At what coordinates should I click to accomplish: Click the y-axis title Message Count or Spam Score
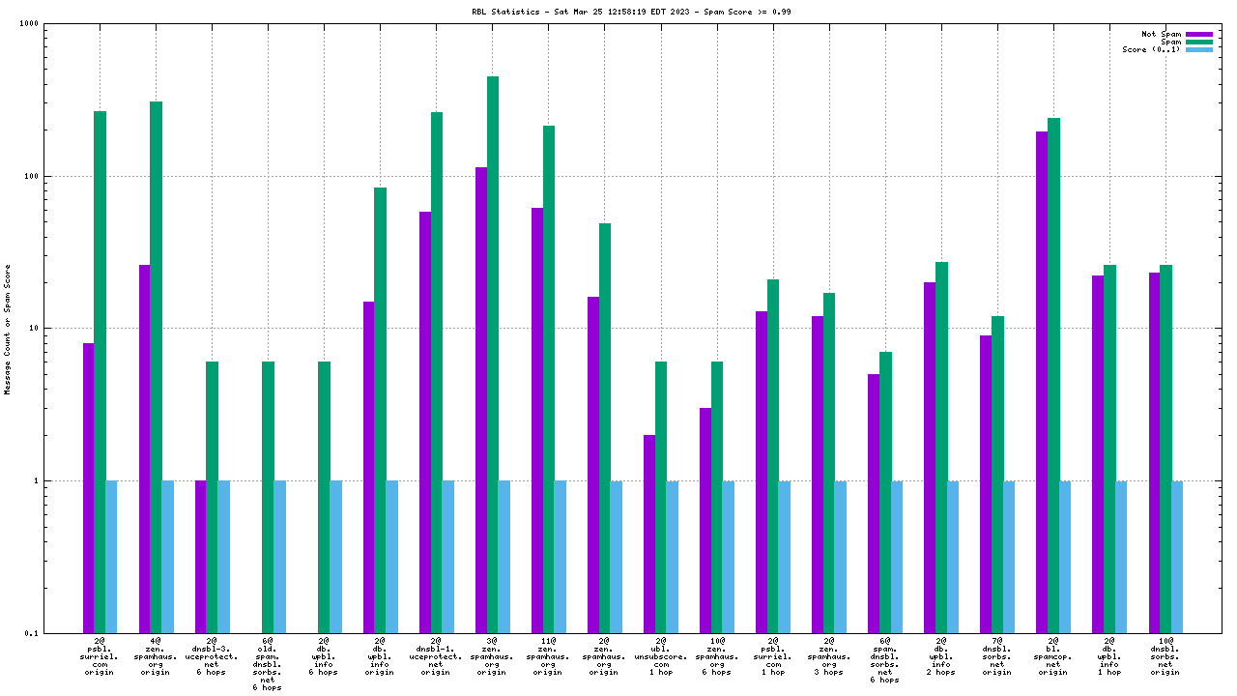tap(8, 329)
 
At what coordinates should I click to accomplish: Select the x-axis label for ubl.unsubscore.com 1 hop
tap(660, 656)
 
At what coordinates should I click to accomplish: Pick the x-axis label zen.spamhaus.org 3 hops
tap(828, 656)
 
